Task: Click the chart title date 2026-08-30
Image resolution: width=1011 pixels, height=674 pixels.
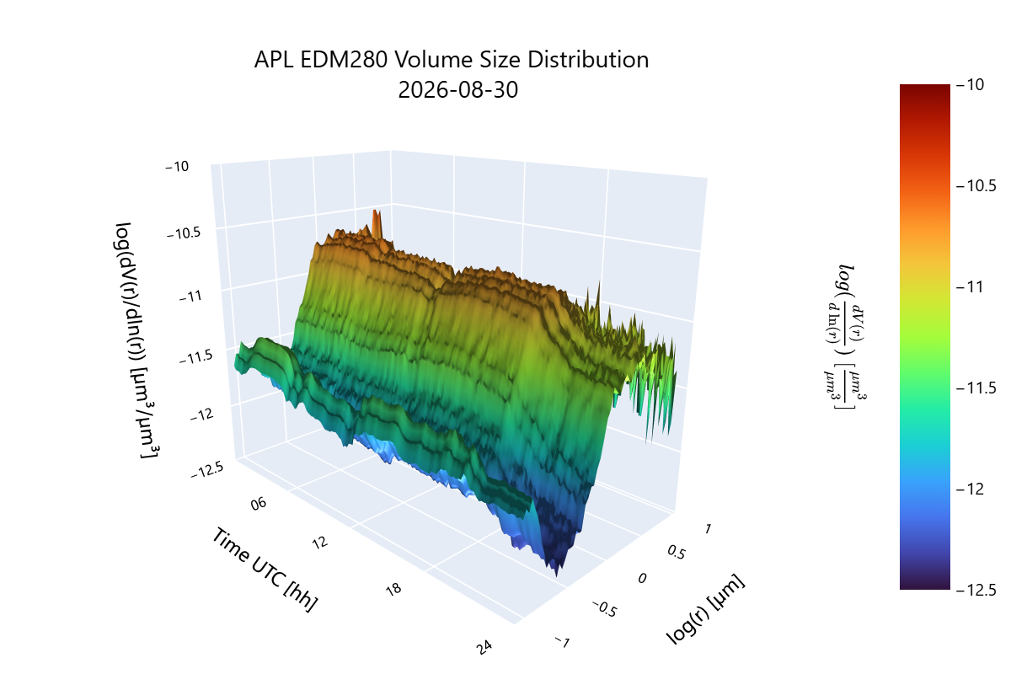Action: click(x=457, y=90)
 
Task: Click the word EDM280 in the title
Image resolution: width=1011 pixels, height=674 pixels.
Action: click(x=344, y=60)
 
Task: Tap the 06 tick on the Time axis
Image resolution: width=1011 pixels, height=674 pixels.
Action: click(x=259, y=504)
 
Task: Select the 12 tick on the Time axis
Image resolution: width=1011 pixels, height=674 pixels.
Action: click(x=320, y=543)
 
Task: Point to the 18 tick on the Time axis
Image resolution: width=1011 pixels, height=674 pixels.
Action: click(x=393, y=589)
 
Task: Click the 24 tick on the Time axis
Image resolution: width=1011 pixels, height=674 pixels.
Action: click(x=484, y=648)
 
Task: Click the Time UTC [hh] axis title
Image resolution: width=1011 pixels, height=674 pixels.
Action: click(x=265, y=570)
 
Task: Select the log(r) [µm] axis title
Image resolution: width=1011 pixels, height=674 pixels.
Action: click(x=705, y=608)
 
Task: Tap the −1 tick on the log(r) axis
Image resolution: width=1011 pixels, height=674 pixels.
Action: click(x=563, y=641)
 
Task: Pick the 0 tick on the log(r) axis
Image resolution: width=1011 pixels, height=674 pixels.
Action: click(x=642, y=578)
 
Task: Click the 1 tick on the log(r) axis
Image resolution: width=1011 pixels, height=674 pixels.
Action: click(x=708, y=528)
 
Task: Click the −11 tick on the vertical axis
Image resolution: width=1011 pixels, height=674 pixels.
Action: click(x=191, y=297)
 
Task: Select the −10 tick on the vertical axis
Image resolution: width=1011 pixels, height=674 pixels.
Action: click(x=177, y=167)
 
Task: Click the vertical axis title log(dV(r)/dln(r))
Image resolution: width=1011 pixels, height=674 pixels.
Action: click(x=135, y=340)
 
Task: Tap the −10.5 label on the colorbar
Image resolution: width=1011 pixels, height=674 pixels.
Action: click(x=976, y=185)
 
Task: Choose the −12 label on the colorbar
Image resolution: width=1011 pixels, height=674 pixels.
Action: click(x=970, y=489)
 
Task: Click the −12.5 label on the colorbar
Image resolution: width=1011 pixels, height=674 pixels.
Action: click(x=976, y=590)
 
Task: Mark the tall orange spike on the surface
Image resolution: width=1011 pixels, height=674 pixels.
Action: click(x=377, y=224)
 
